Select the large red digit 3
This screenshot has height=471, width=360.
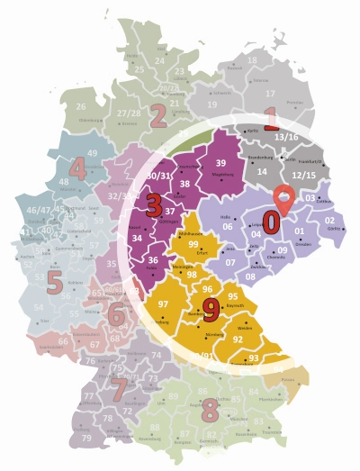pyautogui.click(x=154, y=204)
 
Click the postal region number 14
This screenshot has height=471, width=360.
pyautogui.click(x=263, y=171)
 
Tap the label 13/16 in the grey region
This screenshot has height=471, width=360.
pyautogui.click(x=287, y=137)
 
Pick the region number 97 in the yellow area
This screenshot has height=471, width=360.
pyautogui.click(x=164, y=305)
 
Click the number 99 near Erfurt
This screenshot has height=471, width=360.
pyautogui.click(x=193, y=244)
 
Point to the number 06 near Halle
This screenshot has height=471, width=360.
pyautogui.click(x=229, y=227)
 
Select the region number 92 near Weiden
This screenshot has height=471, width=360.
pyautogui.click(x=238, y=340)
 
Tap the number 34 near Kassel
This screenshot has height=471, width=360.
pyautogui.click(x=137, y=239)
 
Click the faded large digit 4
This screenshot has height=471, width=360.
pyautogui.click(x=77, y=168)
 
